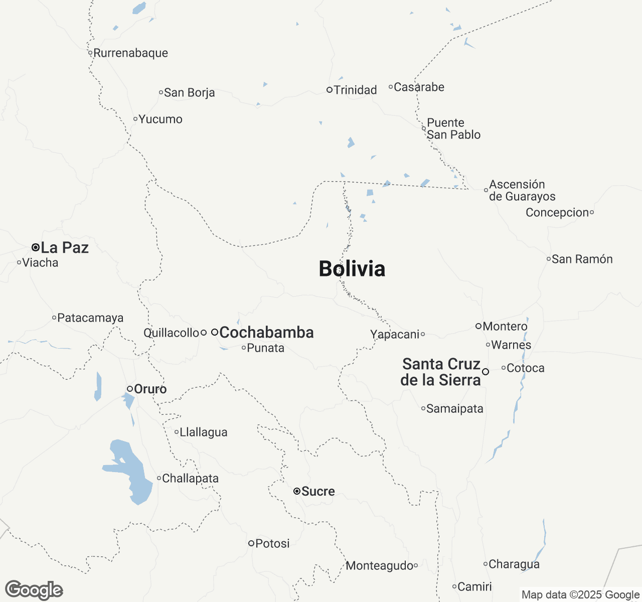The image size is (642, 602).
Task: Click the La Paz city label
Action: (x=65, y=248)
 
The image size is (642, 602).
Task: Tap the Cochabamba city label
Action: (x=266, y=333)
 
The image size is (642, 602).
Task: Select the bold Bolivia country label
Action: (x=352, y=269)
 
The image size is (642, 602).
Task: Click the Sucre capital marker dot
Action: (x=297, y=491)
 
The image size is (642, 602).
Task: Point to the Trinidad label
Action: (x=355, y=90)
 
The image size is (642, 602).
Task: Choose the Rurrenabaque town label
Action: (x=130, y=53)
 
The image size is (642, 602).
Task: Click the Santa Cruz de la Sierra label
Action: (x=441, y=372)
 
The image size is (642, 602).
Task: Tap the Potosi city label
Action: (x=272, y=543)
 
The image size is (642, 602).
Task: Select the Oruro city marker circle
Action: (x=129, y=389)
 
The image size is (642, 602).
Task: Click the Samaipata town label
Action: (x=454, y=409)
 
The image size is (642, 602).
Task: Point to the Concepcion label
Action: (x=557, y=213)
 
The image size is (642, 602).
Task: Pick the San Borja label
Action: (x=189, y=93)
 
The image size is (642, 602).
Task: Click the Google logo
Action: (x=34, y=590)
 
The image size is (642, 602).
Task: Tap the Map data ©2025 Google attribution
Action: (x=580, y=595)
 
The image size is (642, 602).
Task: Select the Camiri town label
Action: (x=474, y=586)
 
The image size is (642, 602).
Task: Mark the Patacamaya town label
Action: (x=90, y=318)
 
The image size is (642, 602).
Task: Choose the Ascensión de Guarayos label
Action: (x=522, y=191)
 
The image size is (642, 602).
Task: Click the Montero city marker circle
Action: (x=478, y=326)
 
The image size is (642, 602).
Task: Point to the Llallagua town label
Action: (x=203, y=432)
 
